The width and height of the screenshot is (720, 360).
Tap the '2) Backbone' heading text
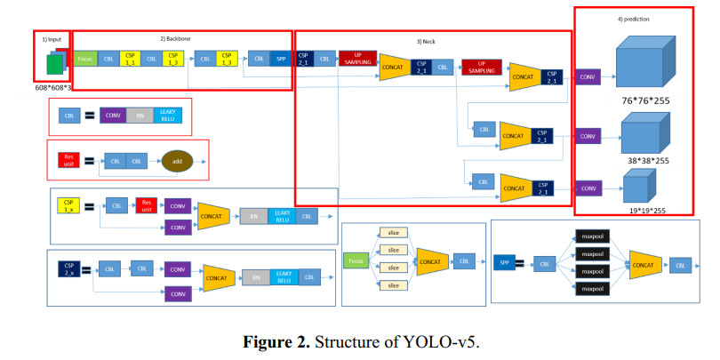(176, 38)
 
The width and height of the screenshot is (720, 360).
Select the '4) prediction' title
(635, 17)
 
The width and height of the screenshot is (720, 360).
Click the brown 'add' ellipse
(176, 162)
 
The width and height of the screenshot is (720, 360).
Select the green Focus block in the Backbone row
(85, 59)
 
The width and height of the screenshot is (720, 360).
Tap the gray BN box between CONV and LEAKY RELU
(139, 115)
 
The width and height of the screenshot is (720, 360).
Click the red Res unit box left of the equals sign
(69, 161)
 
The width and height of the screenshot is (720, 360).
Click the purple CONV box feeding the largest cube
(588, 76)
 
